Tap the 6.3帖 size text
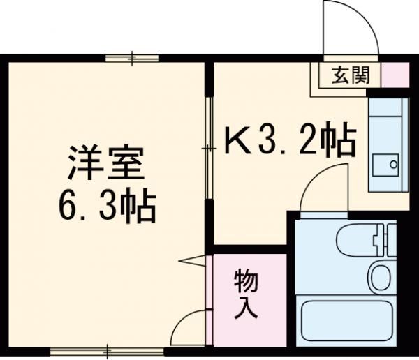click(x=105, y=204)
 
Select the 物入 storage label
click(x=246, y=293)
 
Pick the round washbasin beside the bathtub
click(x=381, y=278)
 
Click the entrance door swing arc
click(x=349, y=28)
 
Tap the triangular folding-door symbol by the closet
click(x=196, y=263)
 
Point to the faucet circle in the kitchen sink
click(x=392, y=165)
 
